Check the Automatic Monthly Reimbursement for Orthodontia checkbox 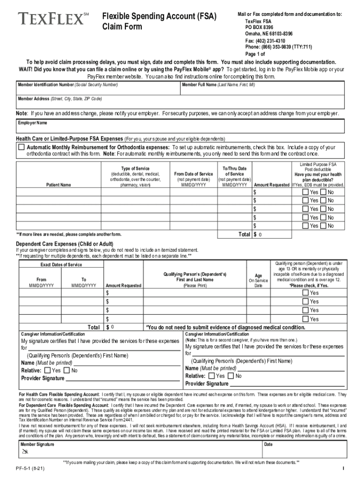point(21,147)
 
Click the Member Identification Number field point(98,90)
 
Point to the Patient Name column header point(59,185)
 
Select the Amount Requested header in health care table point(271,185)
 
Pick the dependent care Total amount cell point(124,327)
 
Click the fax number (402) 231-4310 point(267,41)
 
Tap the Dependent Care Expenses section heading point(65,244)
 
